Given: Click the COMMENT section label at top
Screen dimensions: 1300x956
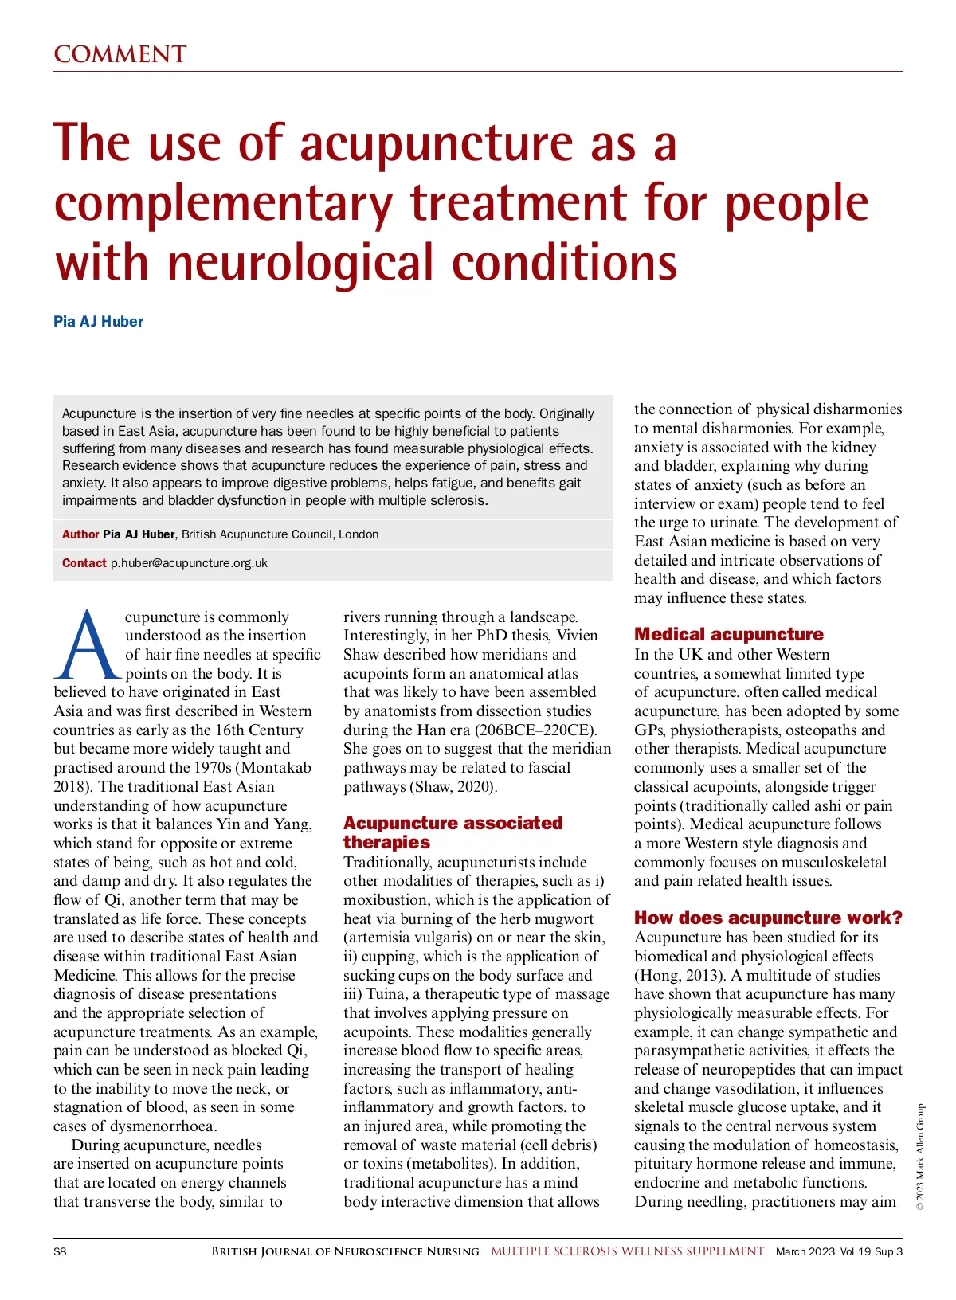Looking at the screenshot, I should tap(119, 54).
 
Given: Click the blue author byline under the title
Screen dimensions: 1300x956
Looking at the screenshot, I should tap(98, 322).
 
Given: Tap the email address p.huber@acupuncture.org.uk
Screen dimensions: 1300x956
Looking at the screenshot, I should tap(189, 563).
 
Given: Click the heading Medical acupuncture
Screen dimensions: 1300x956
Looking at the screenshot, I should tap(728, 635).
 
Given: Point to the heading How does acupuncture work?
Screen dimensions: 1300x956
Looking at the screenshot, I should tap(768, 918).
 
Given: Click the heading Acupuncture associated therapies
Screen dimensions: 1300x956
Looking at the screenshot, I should tap(453, 832).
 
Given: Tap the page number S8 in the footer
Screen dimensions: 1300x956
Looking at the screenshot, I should tap(61, 1251).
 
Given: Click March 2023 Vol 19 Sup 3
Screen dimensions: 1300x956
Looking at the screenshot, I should tap(839, 1251).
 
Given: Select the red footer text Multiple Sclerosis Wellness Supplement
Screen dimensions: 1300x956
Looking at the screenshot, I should tap(627, 1251).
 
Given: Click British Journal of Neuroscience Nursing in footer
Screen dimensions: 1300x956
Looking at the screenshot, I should tap(345, 1251).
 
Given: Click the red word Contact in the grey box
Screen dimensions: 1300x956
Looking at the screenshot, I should tap(84, 563).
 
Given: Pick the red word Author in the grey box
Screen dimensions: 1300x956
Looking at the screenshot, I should tap(80, 534).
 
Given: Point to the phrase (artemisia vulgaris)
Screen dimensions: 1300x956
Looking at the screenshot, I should tap(422, 938).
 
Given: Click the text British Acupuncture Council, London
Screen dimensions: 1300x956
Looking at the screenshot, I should tap(280, 534).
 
